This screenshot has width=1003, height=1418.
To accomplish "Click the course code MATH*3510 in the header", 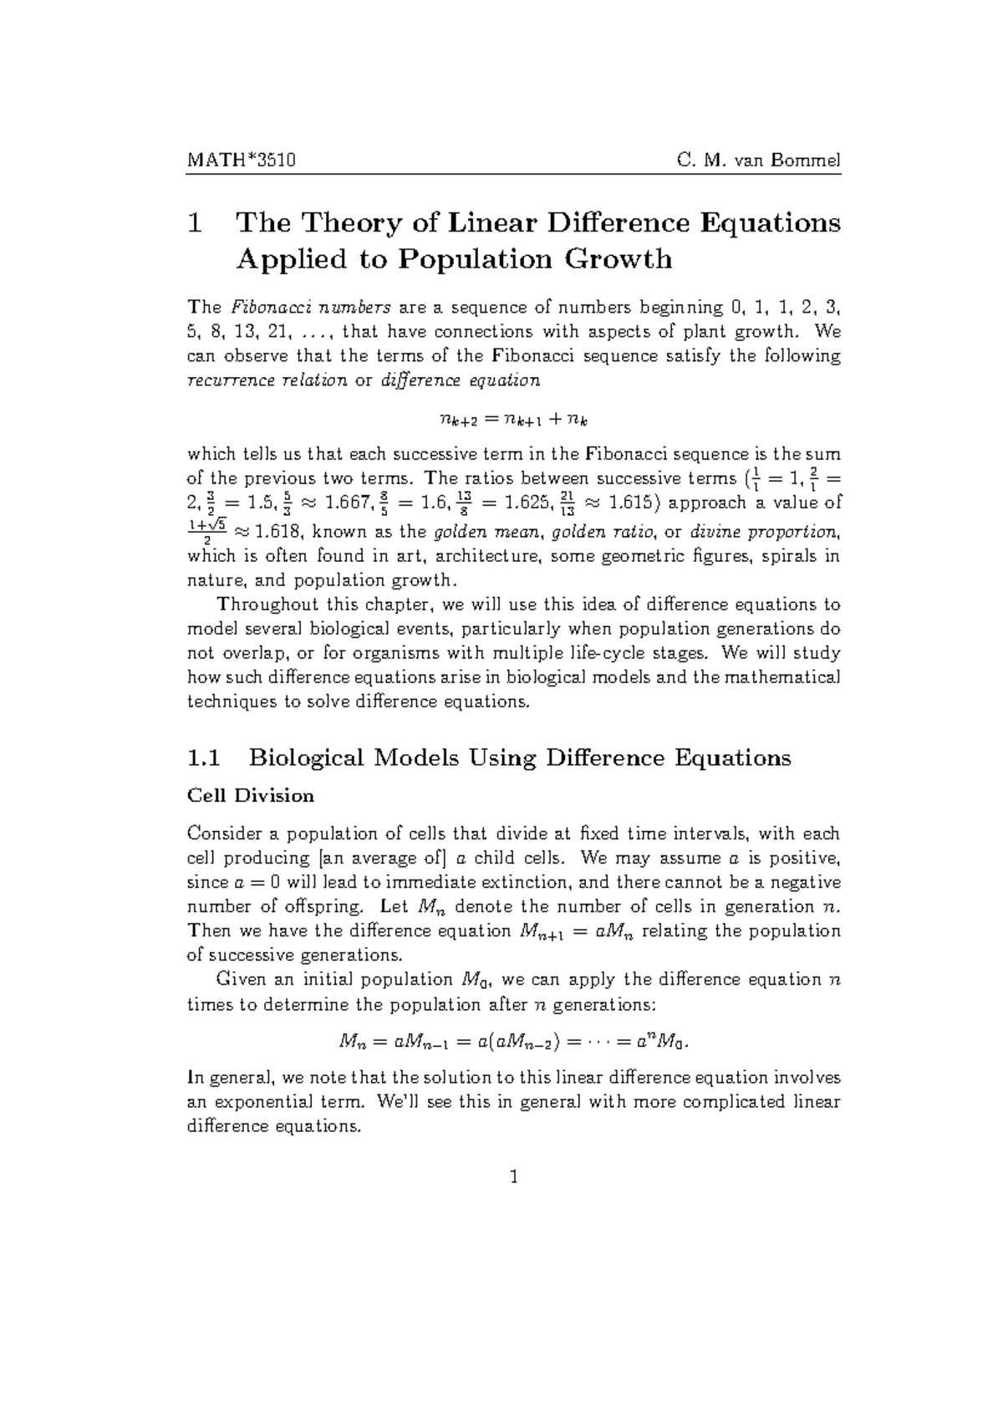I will [235, 159].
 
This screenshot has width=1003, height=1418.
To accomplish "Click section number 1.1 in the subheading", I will [205, 758].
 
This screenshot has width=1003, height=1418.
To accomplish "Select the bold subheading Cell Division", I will [251, 795].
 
